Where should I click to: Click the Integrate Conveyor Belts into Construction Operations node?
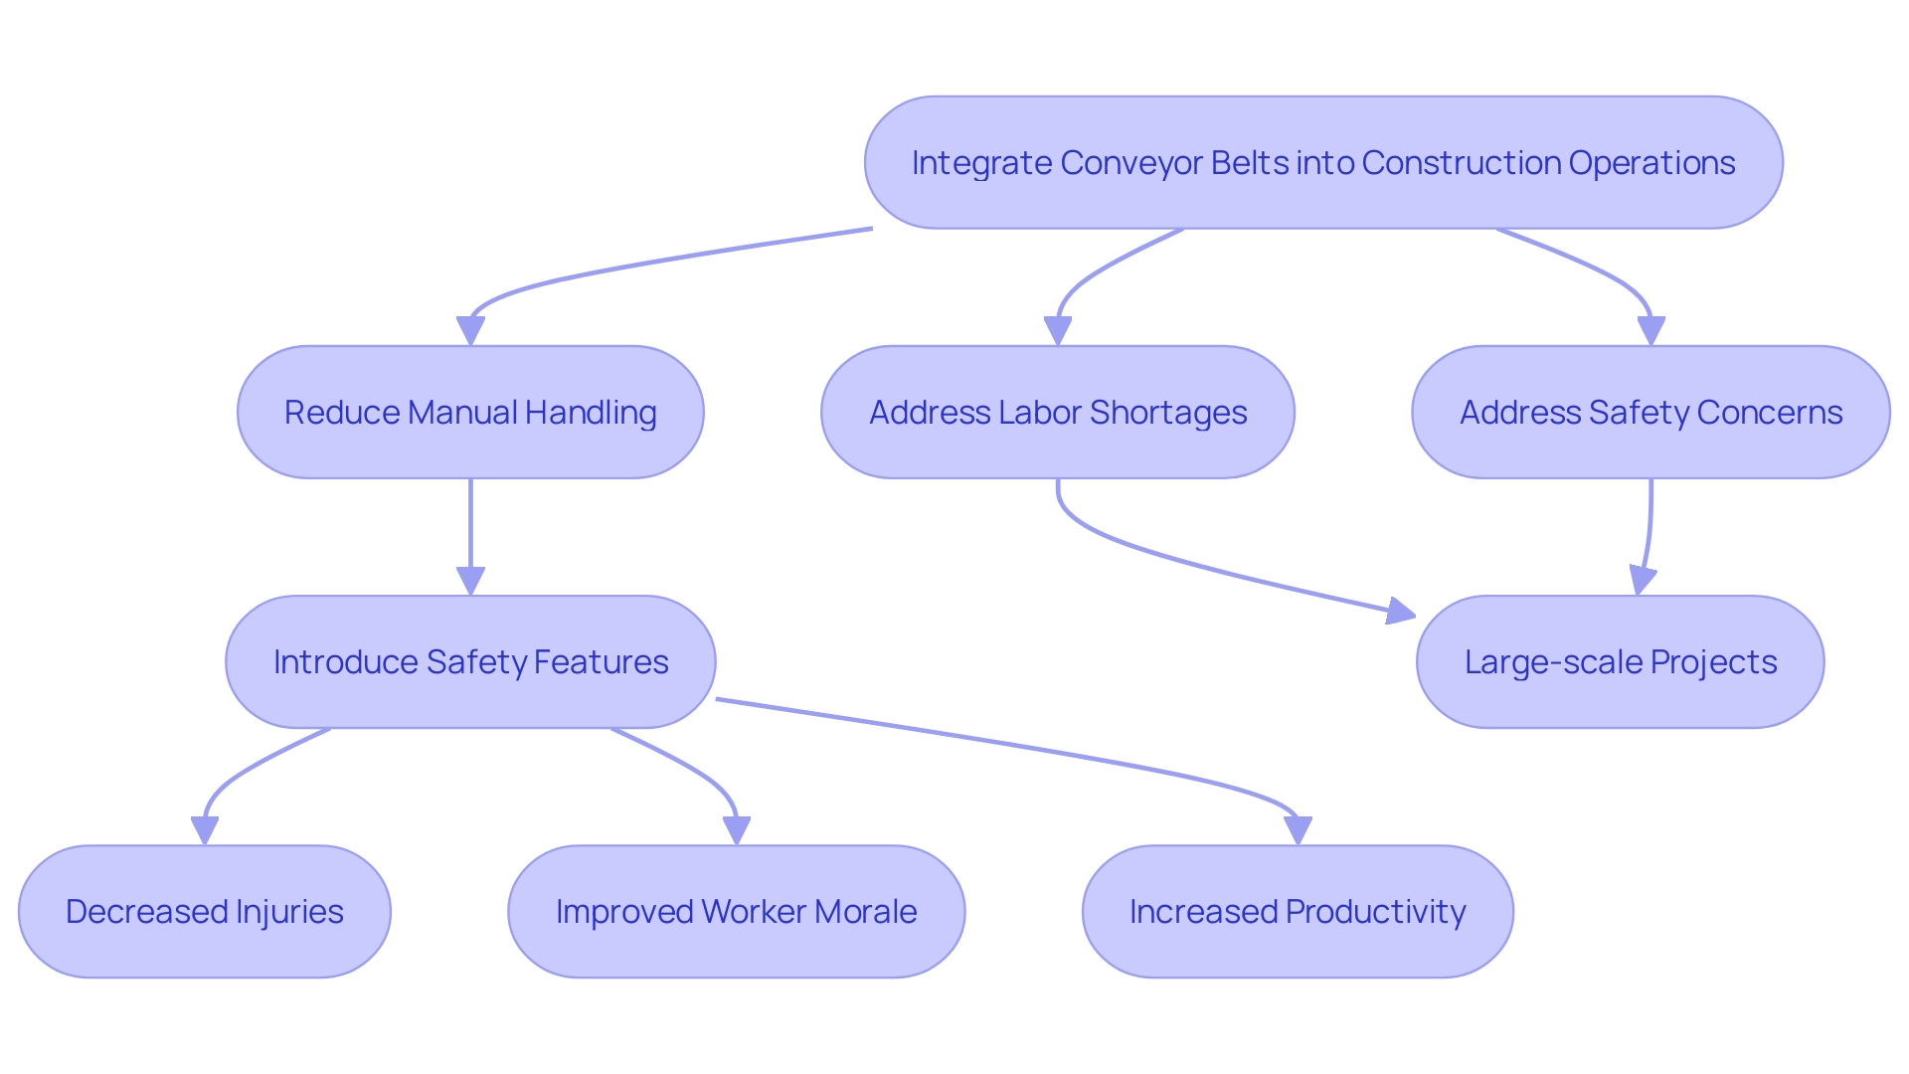click(x=1322, y=162)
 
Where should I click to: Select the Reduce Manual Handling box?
click(x=470, y=412)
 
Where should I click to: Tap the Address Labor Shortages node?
click(x=1057, y=412)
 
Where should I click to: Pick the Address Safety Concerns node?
click(x=1650, y=412)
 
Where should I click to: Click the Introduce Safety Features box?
click(x=470, y=661)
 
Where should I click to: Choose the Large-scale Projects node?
click(x=1620, y=661)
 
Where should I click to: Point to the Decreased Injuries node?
click(x=204, y=911)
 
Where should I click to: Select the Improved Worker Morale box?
click(x=736, y=911)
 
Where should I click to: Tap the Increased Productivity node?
click(x=1298, y=911)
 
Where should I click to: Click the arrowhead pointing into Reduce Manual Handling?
click(x=470, y=331)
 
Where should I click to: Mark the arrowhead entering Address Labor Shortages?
click(x=1057, y=331)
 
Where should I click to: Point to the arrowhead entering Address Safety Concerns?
click(x=1650, y=331)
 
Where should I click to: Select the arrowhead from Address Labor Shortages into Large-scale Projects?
click(x=1401, y=612)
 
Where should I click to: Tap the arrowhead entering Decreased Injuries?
click(x=204, y=830)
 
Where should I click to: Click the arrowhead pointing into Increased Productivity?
click(x=1298, y=830)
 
